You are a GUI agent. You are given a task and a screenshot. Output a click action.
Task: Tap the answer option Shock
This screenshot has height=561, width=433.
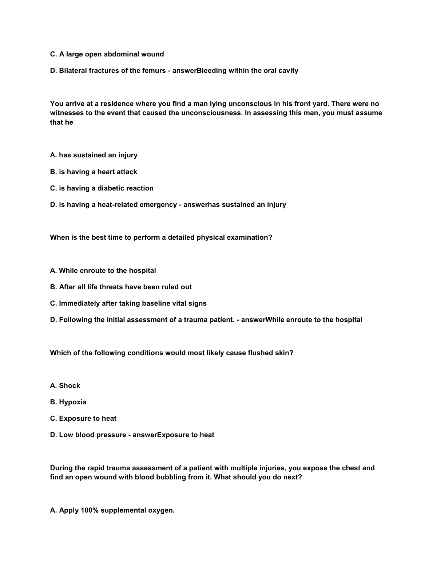pyautogui.click(x=69, y=386)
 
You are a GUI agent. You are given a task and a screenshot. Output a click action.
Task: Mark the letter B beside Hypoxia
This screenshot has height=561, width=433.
pyautogui.click(x=52, y=402)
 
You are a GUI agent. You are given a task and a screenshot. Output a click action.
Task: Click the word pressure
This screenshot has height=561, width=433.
pyautogui.click(x=111, y=435)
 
